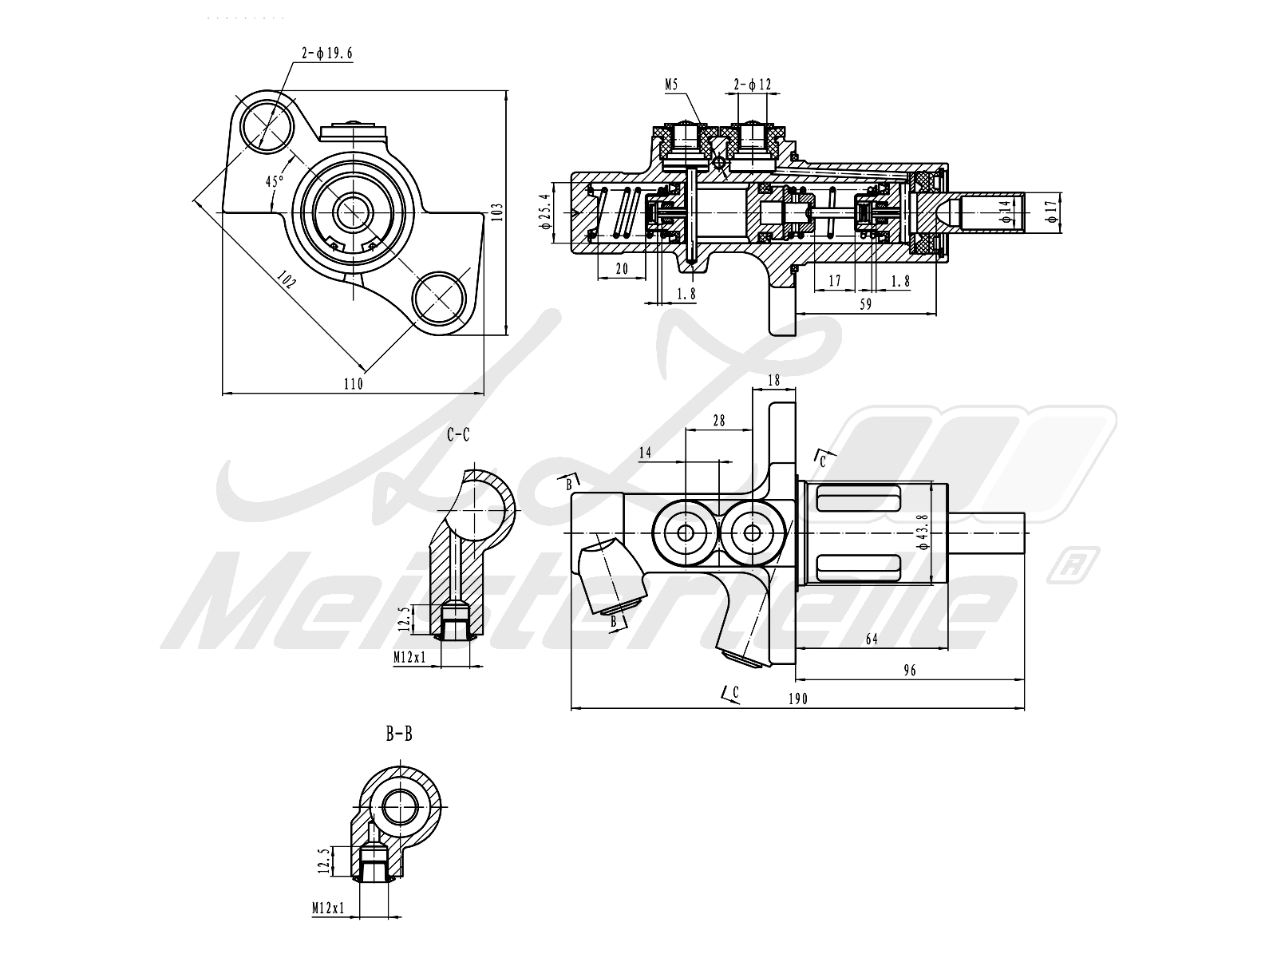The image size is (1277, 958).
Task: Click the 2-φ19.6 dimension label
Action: pos(326,53)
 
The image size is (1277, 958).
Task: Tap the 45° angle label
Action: pos(275,181)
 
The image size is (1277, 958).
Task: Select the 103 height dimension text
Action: pos(496,212)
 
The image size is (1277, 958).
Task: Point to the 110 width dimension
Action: pos(353,384)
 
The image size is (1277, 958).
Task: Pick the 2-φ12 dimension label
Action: pos(753,84)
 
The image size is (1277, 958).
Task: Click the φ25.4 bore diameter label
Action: pos(545,211)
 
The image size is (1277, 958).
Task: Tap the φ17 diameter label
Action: pos(1051,210)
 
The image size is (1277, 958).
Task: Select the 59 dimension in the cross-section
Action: pos(865,304)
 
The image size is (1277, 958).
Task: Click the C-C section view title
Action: pos(458,435)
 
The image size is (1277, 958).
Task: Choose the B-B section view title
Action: pos(399,733)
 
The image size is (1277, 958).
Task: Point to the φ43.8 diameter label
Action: pos(923,532)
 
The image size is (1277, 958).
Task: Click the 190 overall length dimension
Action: pos(798,699)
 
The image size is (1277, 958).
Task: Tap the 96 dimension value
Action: pos(910,671)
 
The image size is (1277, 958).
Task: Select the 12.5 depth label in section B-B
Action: pos(323,861)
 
